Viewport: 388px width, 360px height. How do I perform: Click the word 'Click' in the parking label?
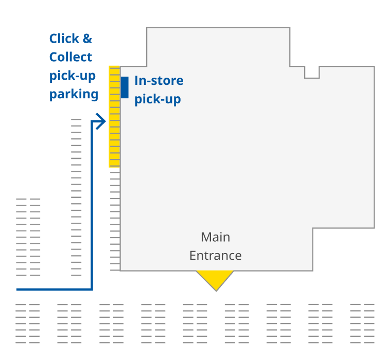coord(64,39)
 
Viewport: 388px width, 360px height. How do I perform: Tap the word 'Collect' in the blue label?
coord(71,57)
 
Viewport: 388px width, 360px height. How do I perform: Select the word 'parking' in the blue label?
coord(74,94)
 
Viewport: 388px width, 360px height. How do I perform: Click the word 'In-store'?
coord(158,81)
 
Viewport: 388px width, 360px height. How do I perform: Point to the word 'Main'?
coord(215,237)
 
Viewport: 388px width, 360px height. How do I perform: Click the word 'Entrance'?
coord(215,256)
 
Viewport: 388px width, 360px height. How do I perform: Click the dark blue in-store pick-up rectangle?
coord(125,87)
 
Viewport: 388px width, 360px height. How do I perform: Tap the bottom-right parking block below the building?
coord(362,323)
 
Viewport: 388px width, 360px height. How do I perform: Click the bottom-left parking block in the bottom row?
coord(27,323)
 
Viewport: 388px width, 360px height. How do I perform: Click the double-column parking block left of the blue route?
coord(28,237)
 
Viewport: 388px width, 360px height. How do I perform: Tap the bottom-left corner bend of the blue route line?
coord(92,289)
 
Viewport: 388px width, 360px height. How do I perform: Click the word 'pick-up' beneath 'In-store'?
coord(157,99)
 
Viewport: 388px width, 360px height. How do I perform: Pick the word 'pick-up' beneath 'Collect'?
coord(73,76)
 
